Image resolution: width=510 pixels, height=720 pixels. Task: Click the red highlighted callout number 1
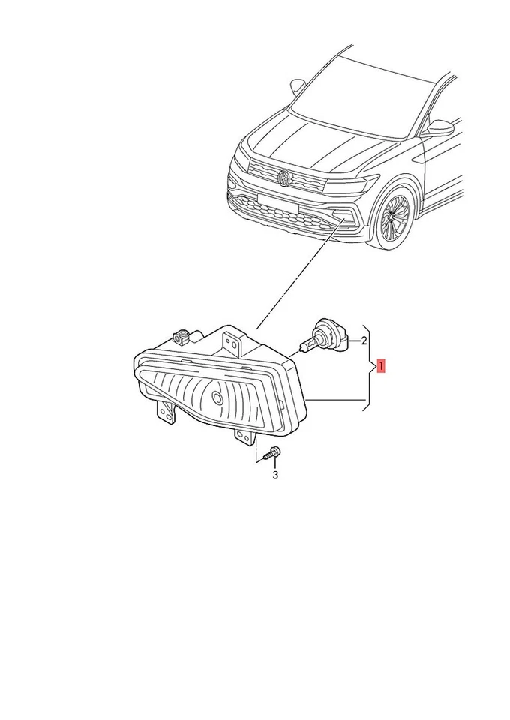382,367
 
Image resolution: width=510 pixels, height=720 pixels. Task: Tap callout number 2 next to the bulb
364,342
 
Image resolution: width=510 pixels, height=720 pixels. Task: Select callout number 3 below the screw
275,475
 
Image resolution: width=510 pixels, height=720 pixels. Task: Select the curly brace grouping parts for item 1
368,367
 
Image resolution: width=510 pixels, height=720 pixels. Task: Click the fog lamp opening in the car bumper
347,218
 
